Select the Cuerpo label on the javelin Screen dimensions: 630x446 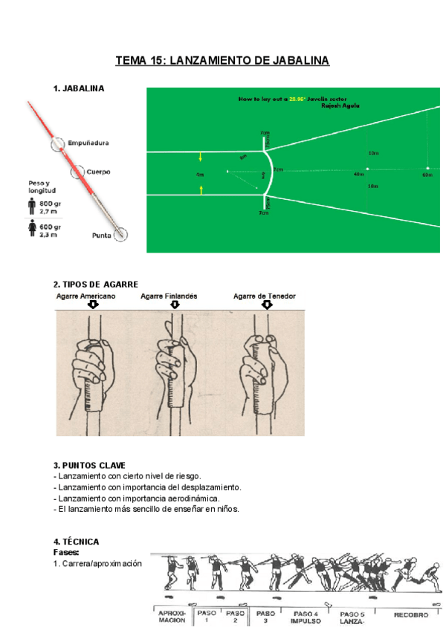point(98,172)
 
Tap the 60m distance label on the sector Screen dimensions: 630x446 point(427,175)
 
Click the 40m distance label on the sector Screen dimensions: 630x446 point(358,175)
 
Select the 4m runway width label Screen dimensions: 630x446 point(198,174)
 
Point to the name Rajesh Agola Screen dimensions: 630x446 point(340,105)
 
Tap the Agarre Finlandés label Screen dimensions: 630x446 point(169,296)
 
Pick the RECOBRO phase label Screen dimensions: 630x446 point(411,614)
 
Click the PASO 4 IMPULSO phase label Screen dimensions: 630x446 point(305,617)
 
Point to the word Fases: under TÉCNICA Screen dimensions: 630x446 point(67,553)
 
